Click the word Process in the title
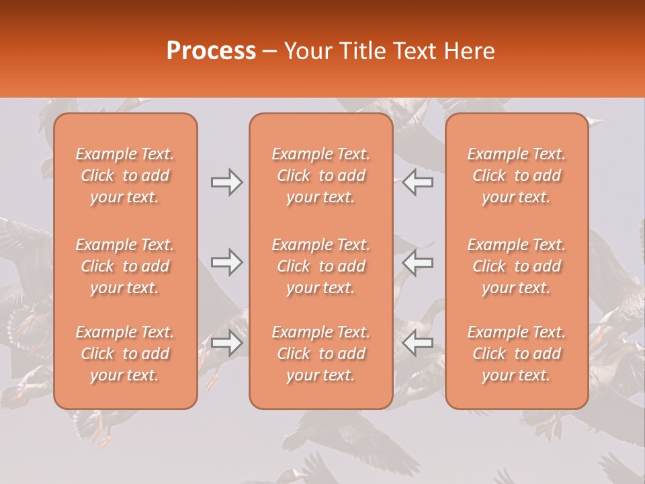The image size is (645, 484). click(211, 50)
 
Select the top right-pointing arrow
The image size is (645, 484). click(227, 182)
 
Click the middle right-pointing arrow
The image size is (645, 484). click(227, 262)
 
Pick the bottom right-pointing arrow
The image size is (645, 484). click(227, 342)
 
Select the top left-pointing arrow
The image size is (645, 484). click(417, 182)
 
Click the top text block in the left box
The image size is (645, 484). click(125, 175)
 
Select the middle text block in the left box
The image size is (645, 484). click(125, 266)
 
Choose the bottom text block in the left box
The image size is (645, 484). click(125, 354)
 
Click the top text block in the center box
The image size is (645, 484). click(321, 175)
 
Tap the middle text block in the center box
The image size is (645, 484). click(321, 266)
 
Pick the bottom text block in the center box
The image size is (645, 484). click(321, 354)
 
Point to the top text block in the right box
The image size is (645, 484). click(517, 175)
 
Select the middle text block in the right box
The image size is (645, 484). click(517, 266)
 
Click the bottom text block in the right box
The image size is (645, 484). click(517, 354)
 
